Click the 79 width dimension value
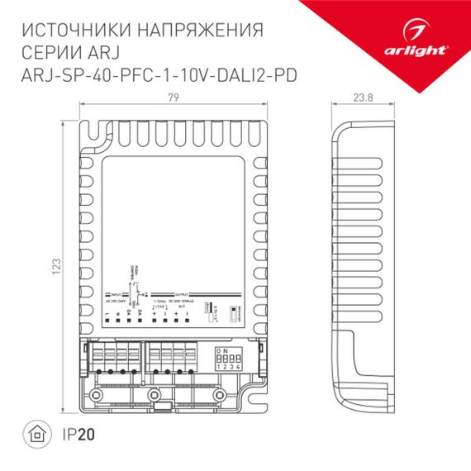click(x=174, y=96)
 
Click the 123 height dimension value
click(x=57, y=267)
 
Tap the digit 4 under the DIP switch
click(x=240, y=367)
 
